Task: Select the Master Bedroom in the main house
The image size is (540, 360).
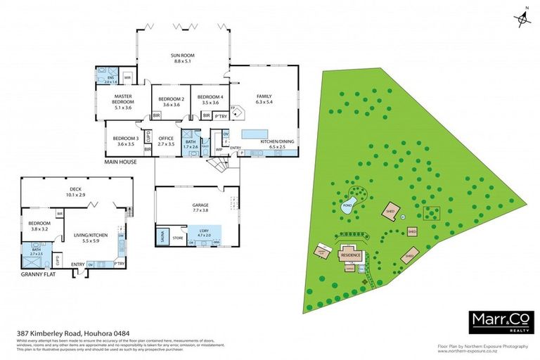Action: [x=123, y=102]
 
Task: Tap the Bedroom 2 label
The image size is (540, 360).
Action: [x=171, y=98]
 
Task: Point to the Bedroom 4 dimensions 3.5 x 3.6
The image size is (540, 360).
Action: [x=210, y=104]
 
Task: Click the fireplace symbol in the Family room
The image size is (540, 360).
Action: [x=238, y=110]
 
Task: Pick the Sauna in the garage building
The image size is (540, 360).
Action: [x=163, y=235]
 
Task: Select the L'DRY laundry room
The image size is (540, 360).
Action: [x=202, y=233]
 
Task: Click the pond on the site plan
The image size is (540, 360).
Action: [x=347, y=207]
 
